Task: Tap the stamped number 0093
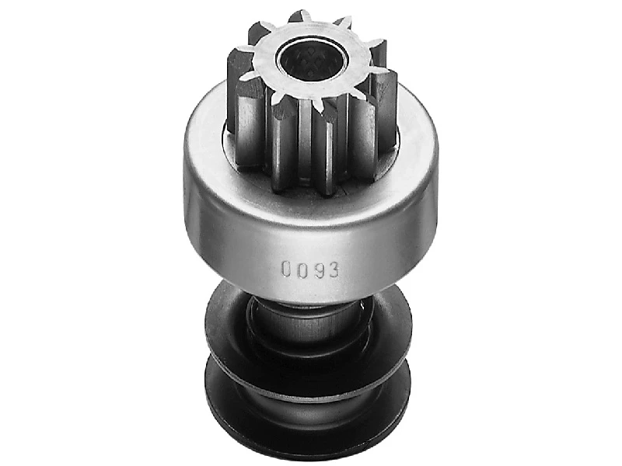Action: pyautogui.click(x=310, y=269)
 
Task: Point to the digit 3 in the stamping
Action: pyautogui.click(x=334, y=270)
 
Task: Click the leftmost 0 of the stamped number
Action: pyautogui.click(x=286, y=268)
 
